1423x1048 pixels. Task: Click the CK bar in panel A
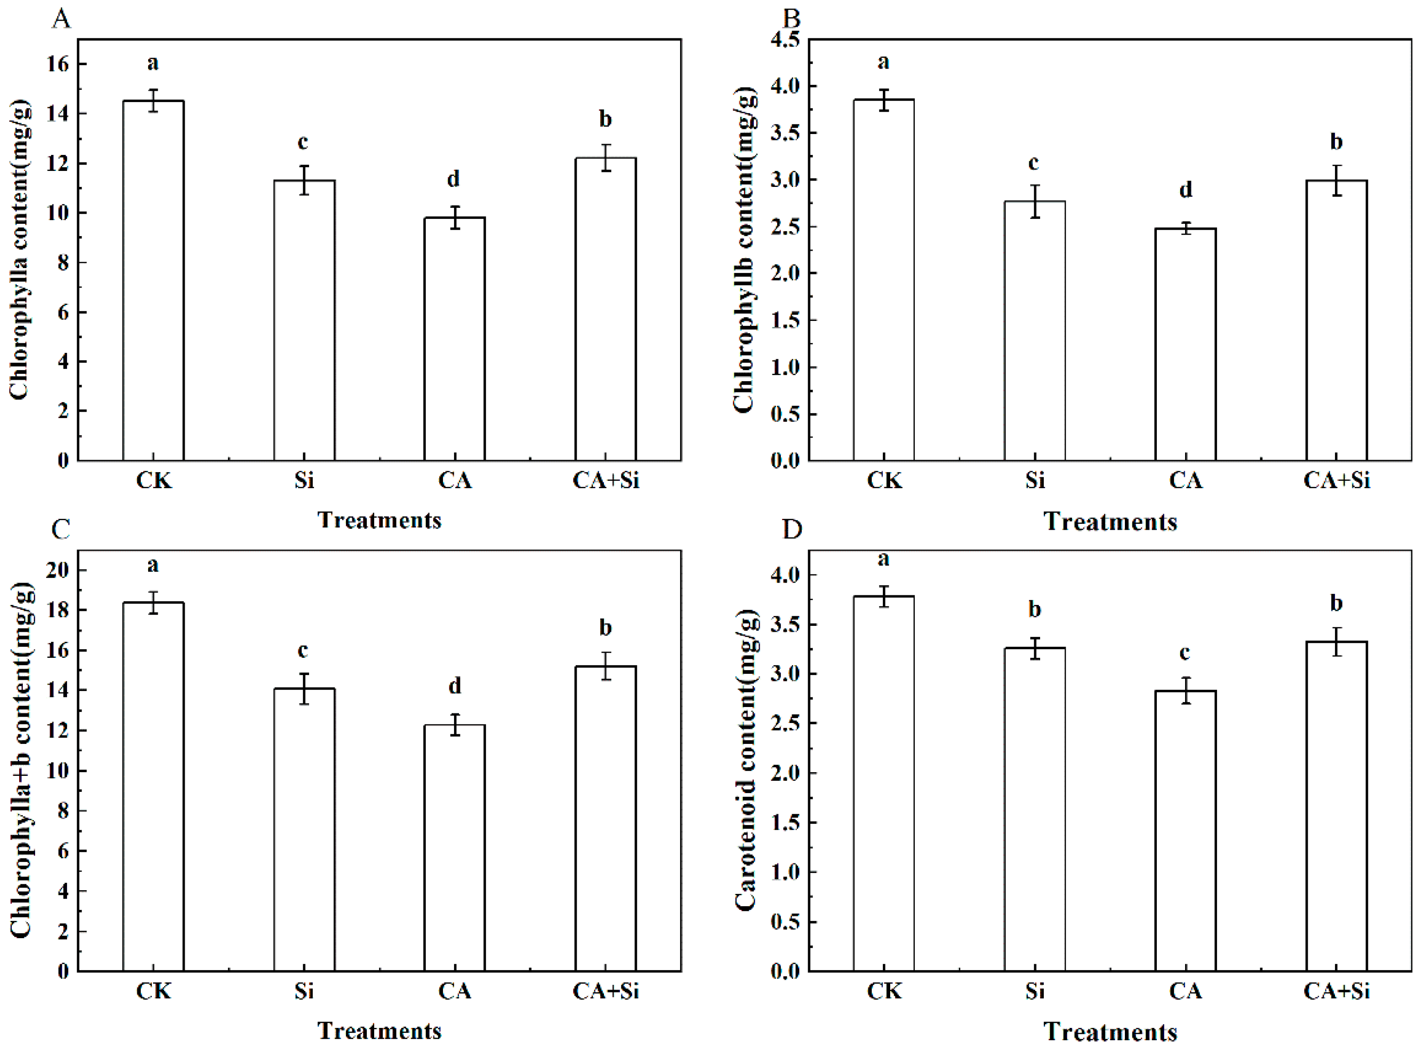point(154,279)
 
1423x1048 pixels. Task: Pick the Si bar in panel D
point(1034,809)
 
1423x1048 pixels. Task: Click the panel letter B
point(791,19)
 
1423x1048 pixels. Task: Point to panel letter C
point(61,528)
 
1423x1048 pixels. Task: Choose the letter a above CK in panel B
point(883,62)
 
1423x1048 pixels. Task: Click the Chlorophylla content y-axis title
point(19,249)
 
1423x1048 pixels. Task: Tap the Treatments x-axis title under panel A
point(379,520)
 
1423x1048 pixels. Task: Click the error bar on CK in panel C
point(154,603)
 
